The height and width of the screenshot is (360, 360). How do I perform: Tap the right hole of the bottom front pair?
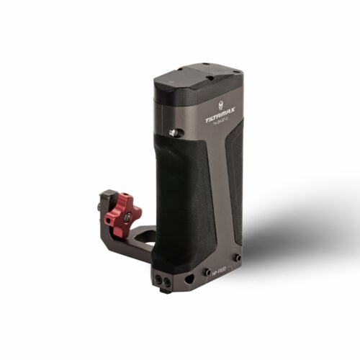166,278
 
